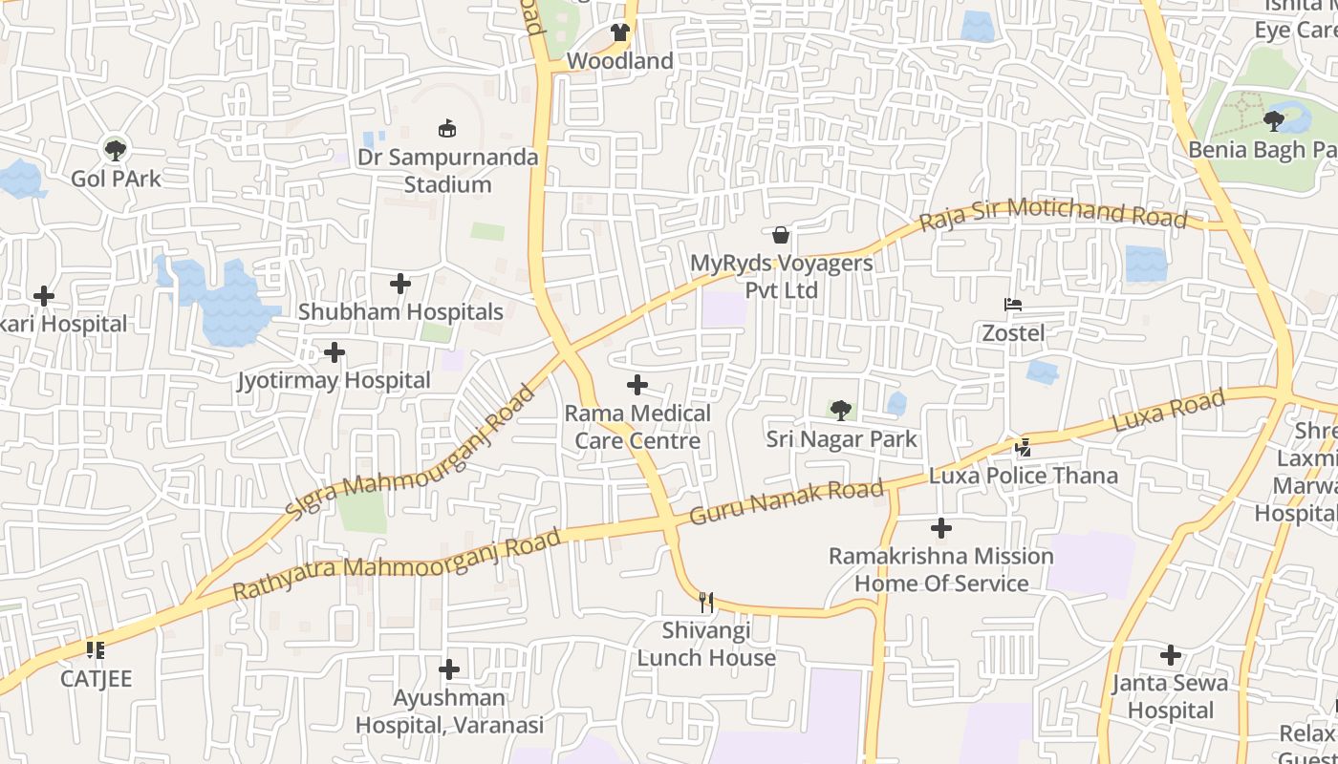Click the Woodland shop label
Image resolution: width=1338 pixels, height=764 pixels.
tap(619, 61)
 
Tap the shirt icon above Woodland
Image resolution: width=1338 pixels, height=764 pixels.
tap(620, 32)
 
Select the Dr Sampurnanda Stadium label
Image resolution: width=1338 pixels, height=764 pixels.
tap(447, 171)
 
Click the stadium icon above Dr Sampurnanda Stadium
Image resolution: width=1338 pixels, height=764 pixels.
tap(446, 128)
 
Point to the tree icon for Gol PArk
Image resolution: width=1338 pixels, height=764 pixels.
tap(116, 149)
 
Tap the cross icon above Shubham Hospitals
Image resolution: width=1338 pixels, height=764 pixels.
tap(400, 284)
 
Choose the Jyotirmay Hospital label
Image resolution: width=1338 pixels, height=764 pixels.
tap(334, 380)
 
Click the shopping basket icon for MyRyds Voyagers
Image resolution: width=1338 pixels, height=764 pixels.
tap(781, 235)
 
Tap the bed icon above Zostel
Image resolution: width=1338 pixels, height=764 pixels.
tap(1013, 306)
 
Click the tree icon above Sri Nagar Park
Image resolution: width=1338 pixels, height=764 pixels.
tap(841, 411)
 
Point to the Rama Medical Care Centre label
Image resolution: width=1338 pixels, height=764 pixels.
tap(637, 427)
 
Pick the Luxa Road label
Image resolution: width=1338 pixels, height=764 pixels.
tap(1169, 412)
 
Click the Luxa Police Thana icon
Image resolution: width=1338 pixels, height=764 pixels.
tap(1024, 447)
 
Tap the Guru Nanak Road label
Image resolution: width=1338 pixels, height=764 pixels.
tap(786, 502)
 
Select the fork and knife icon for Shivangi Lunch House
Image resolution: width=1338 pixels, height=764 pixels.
tap(706, 602)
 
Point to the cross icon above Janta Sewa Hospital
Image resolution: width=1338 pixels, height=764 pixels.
tap(1171, 655)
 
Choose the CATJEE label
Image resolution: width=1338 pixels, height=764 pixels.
tap(96, 679)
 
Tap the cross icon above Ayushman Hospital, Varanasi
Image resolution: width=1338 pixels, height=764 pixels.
tap(449, 669)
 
